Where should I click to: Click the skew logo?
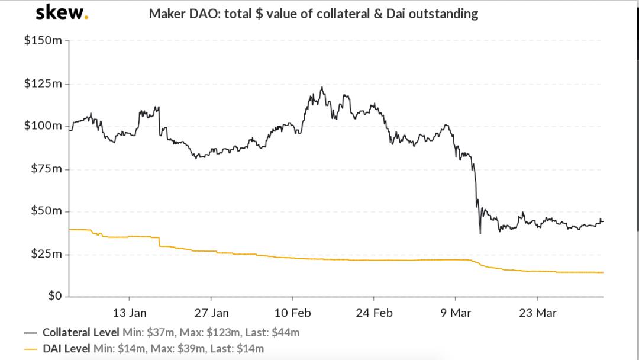[62, 12]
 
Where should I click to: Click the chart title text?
[313, 14]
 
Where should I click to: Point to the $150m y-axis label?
[43, 41]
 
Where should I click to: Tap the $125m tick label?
[43, 84]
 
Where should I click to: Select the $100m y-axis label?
[43, 126]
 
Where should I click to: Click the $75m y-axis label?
[46, 169]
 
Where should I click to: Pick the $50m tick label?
[46, 211]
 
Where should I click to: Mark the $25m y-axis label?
[46, 254]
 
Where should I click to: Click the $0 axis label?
[54, 296]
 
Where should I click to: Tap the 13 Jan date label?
[130, 313]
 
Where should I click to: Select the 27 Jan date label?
[211, 313]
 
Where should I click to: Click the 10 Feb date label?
[293, 313]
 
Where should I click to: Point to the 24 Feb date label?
[375, 313]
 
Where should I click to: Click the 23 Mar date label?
[538, 313]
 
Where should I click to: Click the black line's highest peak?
[321, 88]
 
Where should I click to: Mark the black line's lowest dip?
[480, 233]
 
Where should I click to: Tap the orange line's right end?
[602, 272]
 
